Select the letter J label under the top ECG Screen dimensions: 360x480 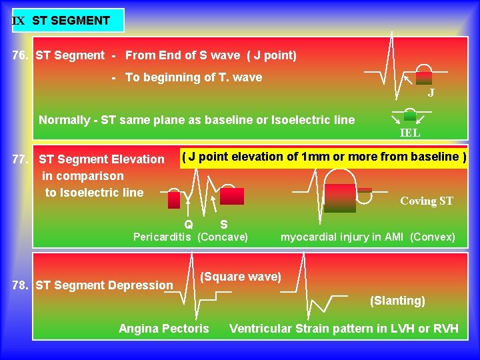point(431,93)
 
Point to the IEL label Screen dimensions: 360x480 point(410,133)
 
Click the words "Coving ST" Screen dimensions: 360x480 point(426,201)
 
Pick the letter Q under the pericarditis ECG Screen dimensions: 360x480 point(189,224)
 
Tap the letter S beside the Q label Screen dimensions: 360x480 point(223,224)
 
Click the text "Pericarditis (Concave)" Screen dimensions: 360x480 point(191,237)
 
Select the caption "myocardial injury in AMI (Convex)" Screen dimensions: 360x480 point(367,237)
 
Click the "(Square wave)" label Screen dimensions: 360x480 point(241,277)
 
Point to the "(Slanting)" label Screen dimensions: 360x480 point(397,301)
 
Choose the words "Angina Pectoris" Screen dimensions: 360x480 point(163,328)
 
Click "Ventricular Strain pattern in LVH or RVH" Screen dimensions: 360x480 point(344,328)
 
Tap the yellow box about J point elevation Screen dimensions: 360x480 point(324,157)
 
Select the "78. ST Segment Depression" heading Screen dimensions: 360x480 point(93,285)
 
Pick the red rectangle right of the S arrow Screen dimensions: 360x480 point(232,196)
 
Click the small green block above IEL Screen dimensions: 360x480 point(410,115)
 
